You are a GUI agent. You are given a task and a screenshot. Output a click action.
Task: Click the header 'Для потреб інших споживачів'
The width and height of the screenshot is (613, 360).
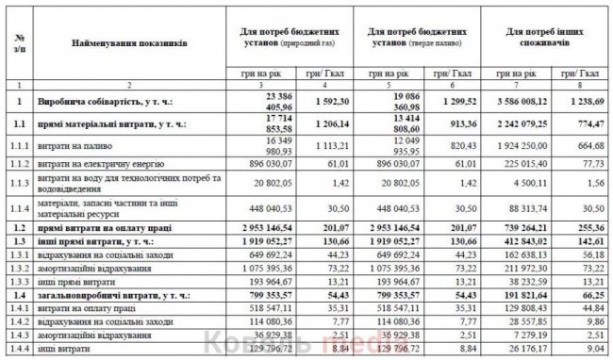click(541, 39)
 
